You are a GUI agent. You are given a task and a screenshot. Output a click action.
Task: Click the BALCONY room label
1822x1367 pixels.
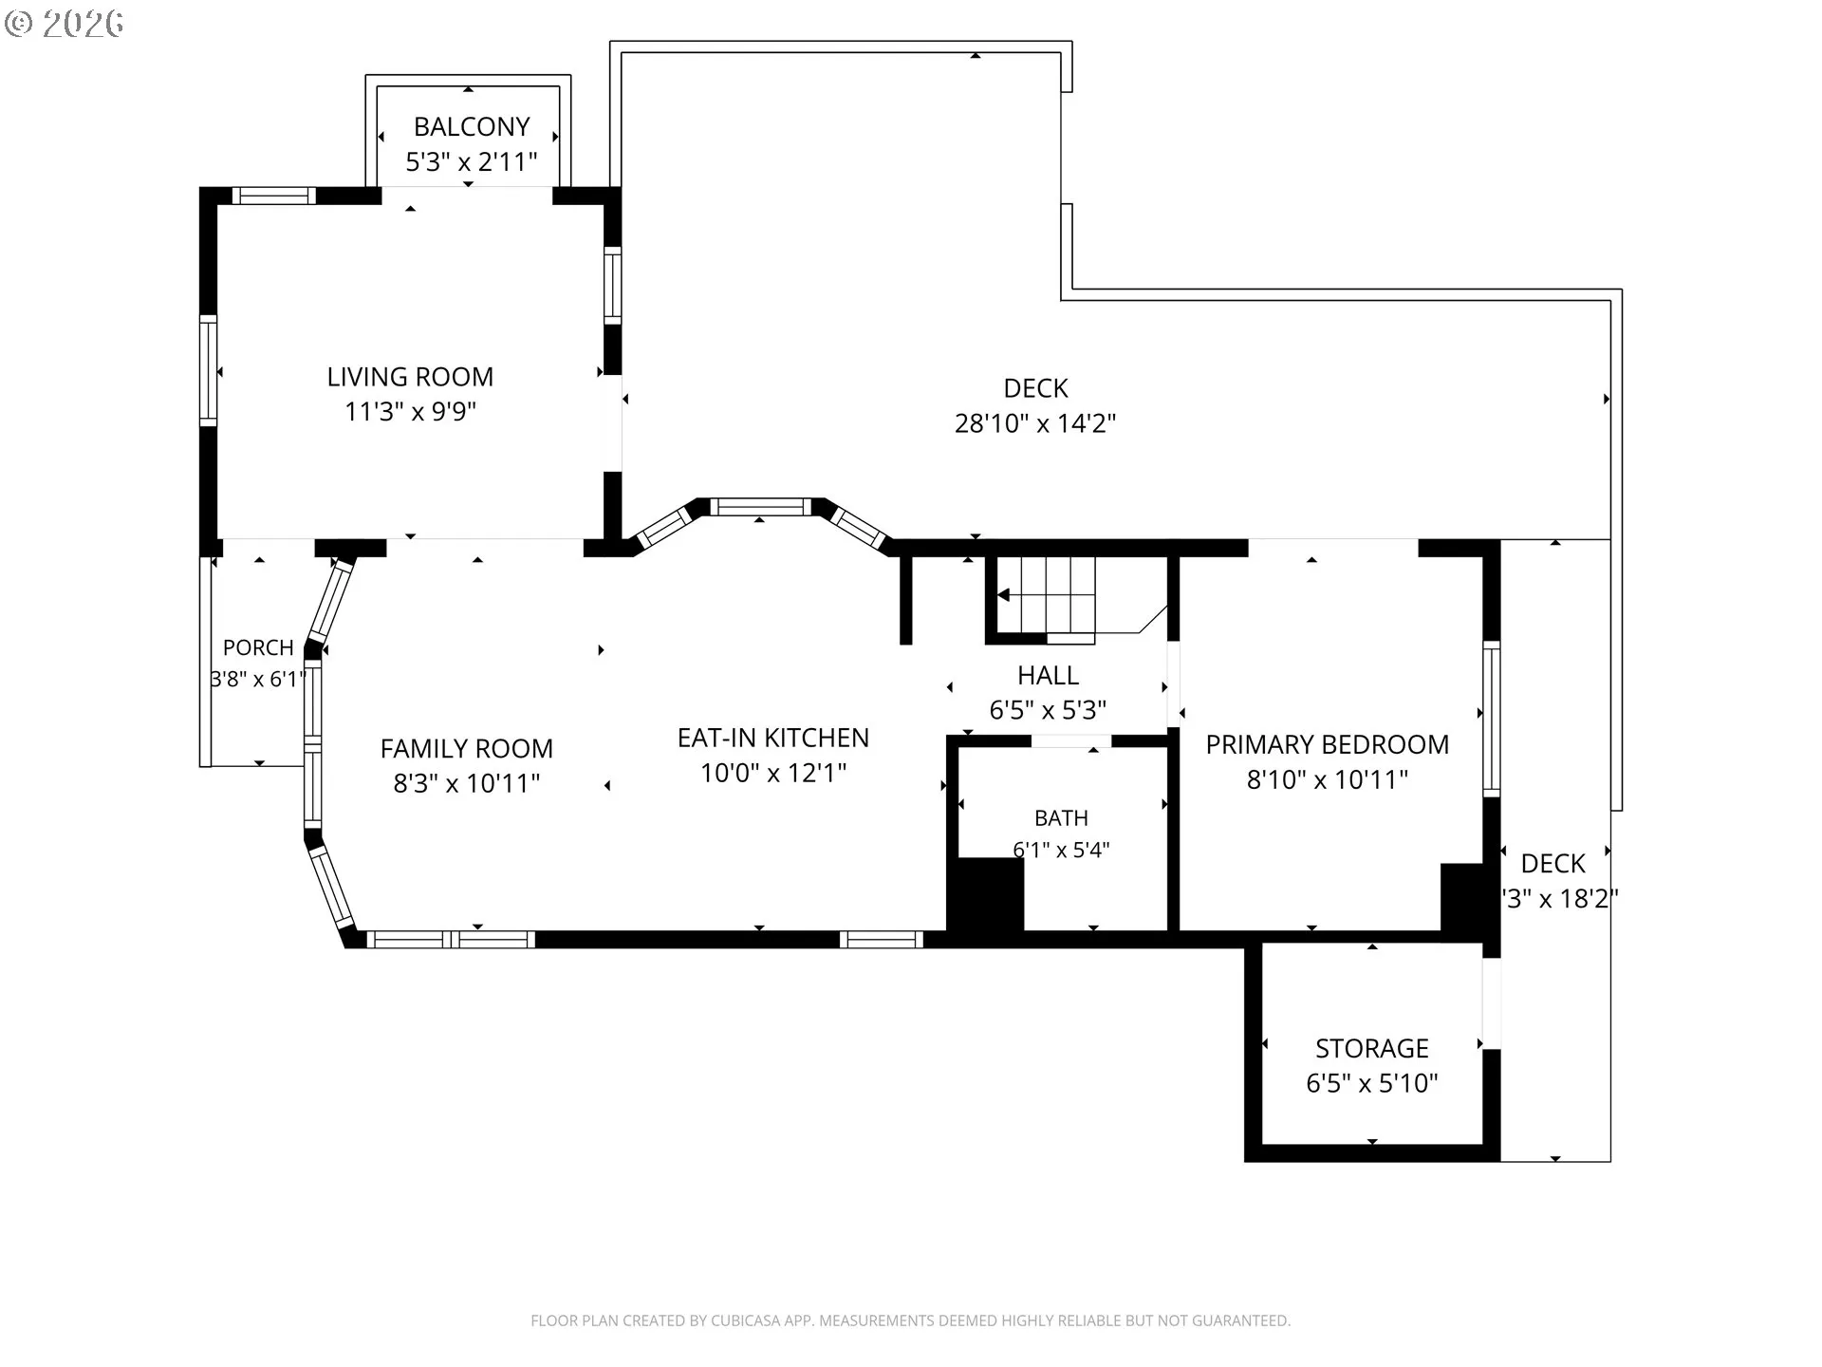(472, 126)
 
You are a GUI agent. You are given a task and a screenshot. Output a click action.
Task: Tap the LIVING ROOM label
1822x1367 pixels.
(410, 377)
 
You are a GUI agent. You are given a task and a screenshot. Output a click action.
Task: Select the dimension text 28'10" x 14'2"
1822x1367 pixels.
(1035, 423)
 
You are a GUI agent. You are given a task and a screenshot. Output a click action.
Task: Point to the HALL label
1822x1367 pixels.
(1048, 675)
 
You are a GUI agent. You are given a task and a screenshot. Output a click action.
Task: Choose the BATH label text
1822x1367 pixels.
(1061, 817)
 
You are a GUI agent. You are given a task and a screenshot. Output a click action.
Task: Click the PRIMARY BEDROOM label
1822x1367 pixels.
(1328, 744)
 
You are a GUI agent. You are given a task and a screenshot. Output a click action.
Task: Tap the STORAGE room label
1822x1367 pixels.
(1372, 1048)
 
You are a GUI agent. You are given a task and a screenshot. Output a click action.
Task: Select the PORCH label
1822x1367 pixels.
(258, 647)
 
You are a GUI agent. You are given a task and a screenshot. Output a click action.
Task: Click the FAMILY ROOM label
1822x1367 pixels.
(467, 749)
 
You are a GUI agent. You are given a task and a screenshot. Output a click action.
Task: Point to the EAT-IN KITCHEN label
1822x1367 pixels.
(773, 738)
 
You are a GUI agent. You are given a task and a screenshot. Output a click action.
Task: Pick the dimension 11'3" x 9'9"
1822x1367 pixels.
(410, 412)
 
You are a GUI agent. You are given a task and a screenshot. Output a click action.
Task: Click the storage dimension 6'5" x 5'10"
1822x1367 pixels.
(1372, 1083)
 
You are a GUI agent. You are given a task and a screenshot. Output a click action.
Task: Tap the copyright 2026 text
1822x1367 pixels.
(64, 24)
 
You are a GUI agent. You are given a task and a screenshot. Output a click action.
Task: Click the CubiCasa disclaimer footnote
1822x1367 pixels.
(911, 1320)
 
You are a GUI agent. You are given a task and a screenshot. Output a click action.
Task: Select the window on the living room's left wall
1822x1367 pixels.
(208, 370)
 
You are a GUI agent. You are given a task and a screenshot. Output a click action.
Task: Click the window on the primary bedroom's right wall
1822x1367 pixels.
(1491, 719)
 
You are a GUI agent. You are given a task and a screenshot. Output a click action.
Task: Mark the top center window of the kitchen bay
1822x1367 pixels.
(761, 507)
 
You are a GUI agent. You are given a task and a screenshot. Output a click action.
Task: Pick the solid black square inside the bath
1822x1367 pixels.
(986, 894)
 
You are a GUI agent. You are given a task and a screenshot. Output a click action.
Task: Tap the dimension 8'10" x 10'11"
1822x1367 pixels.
(1328, 779)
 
